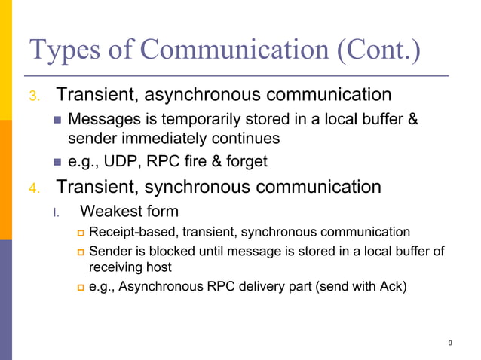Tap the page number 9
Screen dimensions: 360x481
coord(450,343)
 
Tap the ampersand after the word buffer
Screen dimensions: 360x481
coord(412,120)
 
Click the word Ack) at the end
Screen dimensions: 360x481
coord(391,286)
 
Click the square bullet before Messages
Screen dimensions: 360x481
coord(58,121)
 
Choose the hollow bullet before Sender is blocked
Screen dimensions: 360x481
coord(79,252)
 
